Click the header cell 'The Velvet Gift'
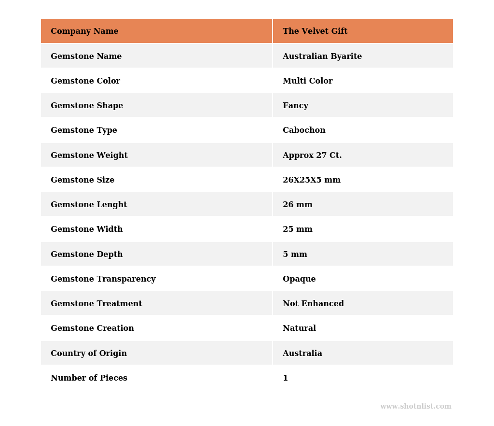click(315, 31)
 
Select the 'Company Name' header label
click(84, 31)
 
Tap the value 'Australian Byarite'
click(322, 57)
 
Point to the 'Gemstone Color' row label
click(85, 81)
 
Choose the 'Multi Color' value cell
click(307, 81)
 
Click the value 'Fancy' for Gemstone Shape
click(295, 106)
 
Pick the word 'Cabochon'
click(304, 130)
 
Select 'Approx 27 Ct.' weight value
click(312, 156)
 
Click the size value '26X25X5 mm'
click(312, 180)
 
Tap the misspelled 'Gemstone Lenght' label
click(89, 205)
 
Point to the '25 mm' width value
click(298, 229)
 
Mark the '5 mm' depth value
click(295, 255)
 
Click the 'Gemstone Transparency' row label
click(103, 279)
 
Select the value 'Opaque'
click(299, 279)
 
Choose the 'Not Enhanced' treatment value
click(313, 304)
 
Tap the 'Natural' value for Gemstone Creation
click(299, 328)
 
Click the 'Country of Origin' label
click(89, 354)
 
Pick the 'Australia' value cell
click(302, 354)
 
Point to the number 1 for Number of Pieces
click(285, 378)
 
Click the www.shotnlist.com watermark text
click(415, 407)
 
